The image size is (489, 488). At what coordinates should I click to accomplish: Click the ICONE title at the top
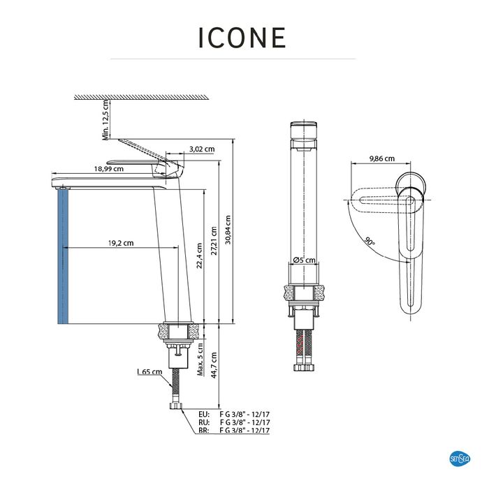(x=242, y=38)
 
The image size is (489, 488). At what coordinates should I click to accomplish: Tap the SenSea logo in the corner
(x=460, y=459)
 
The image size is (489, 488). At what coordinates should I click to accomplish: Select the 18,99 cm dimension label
(x=109, y=169)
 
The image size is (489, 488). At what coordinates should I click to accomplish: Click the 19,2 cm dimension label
(x=121, y=243)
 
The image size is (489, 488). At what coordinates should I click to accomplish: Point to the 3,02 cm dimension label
(x=202, y=149)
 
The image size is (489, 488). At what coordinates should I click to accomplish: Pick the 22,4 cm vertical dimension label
(x=200, y=256)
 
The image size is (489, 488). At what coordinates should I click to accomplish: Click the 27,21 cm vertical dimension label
(x=214, y=241)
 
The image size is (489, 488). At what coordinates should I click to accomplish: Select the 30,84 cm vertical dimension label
(x=228, y=230)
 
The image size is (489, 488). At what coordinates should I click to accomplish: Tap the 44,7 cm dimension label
(x=214, y=365)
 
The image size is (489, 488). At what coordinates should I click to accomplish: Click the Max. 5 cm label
(x=200, y=360)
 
